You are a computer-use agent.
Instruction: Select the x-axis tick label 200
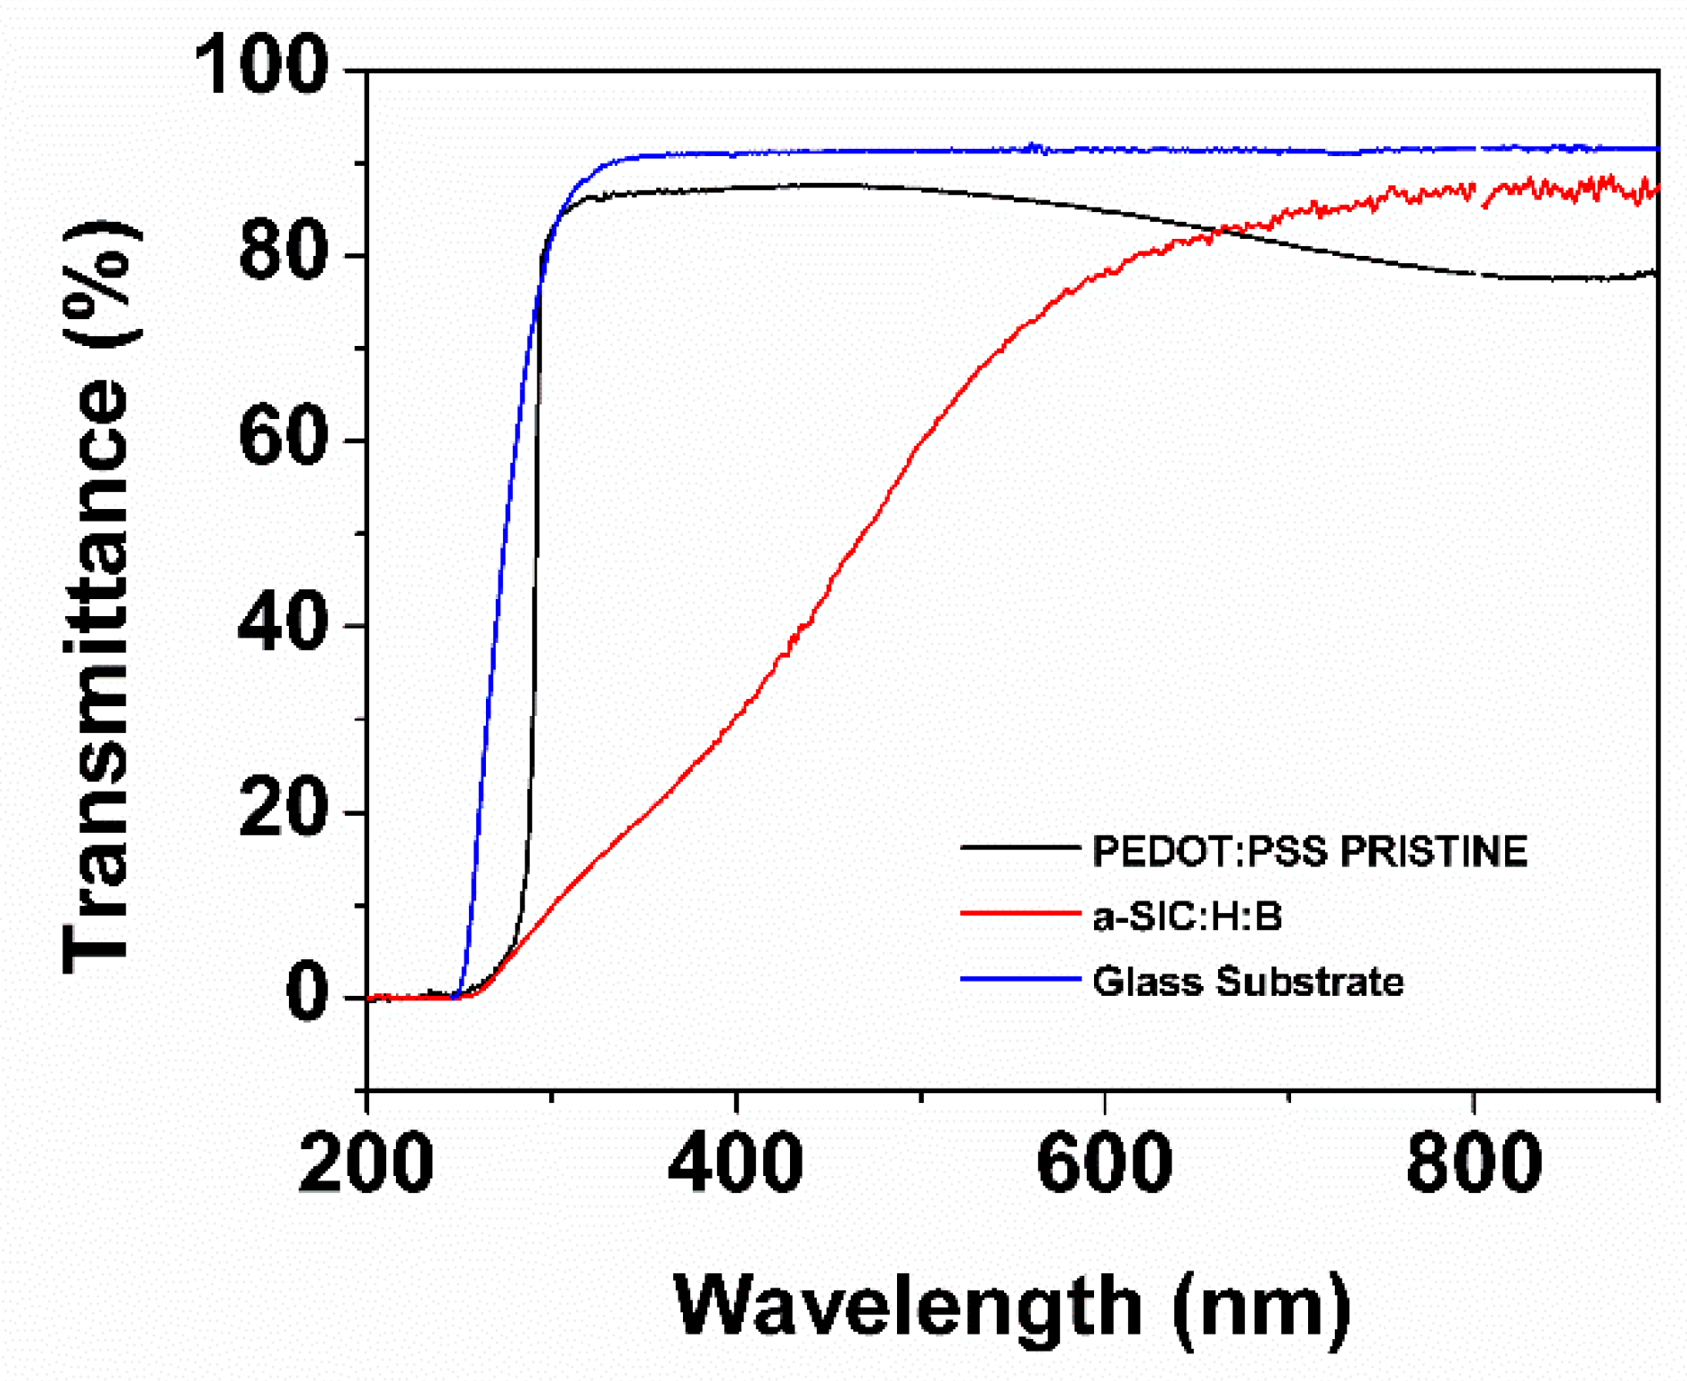pyautogui.click(x=366, y=1163)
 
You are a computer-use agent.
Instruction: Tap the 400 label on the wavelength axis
pyautogui.click(x=736, y=1163)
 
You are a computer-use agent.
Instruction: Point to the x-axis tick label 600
pyautogui.click(x=1105, y=1163)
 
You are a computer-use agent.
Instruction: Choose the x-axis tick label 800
pyautogui.click(x=1474, y=1163)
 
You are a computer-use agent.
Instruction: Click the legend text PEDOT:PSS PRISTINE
pyautogui.click(x=1310, y=851)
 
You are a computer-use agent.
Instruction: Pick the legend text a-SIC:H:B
pyautogui.click(x=1188, y=916)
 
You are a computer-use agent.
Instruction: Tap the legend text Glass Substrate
pyautogui.click(x=1248, y=981)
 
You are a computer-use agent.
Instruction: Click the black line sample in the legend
pyautogui.click(x=1020, y=847)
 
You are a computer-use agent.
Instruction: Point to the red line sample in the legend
pyautogui.click(x=1020, y=913)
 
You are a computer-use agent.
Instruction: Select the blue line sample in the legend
pyautogui.click(x=1020, y=979)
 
